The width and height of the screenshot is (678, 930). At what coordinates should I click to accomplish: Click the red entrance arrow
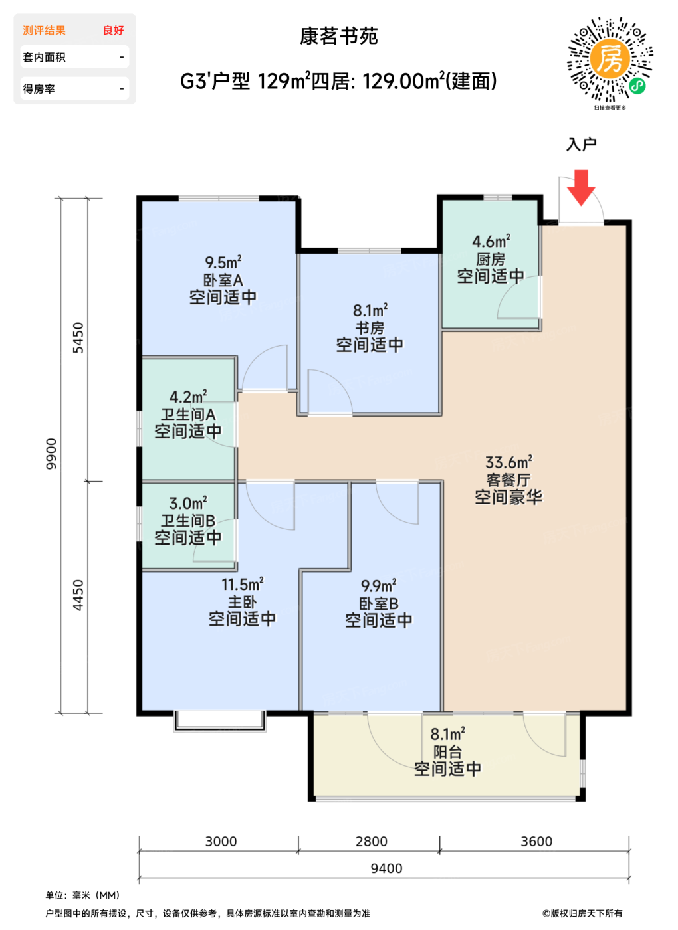point(581,187)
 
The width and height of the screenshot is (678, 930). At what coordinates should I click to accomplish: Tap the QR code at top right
point(610,59)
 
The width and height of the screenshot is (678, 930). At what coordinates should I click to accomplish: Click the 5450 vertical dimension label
point(78,337)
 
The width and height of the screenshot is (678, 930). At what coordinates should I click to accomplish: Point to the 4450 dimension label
point(78,595)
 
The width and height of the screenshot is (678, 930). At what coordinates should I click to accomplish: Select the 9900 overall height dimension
point(51,454)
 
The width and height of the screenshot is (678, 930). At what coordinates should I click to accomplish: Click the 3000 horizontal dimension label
point(221,842)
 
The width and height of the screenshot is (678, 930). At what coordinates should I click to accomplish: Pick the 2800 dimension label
point(371,842)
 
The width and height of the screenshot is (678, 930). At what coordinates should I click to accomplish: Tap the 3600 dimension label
point(536,842)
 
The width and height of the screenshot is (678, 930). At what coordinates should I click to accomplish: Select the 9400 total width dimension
point(386,868)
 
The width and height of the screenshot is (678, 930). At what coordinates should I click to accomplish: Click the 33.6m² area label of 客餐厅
point(508,462)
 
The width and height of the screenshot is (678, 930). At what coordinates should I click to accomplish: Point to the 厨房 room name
point(491,260)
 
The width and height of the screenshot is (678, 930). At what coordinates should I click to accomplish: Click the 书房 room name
point(370,328)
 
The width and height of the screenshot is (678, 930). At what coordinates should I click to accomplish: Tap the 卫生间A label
point(188,415)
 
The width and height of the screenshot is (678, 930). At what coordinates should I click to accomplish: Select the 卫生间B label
point(188,521)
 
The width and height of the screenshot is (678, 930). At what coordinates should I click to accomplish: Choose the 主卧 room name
point(242,602)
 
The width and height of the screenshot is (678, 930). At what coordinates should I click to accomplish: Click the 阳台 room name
point(447,752)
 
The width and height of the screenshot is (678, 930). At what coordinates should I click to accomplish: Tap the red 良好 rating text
point(114,31)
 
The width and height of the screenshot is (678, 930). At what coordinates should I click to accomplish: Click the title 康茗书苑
point(338,36)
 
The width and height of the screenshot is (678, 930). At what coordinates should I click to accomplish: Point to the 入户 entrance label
point(581,145)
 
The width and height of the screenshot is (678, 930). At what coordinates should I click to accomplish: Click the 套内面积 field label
point(44,57)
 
